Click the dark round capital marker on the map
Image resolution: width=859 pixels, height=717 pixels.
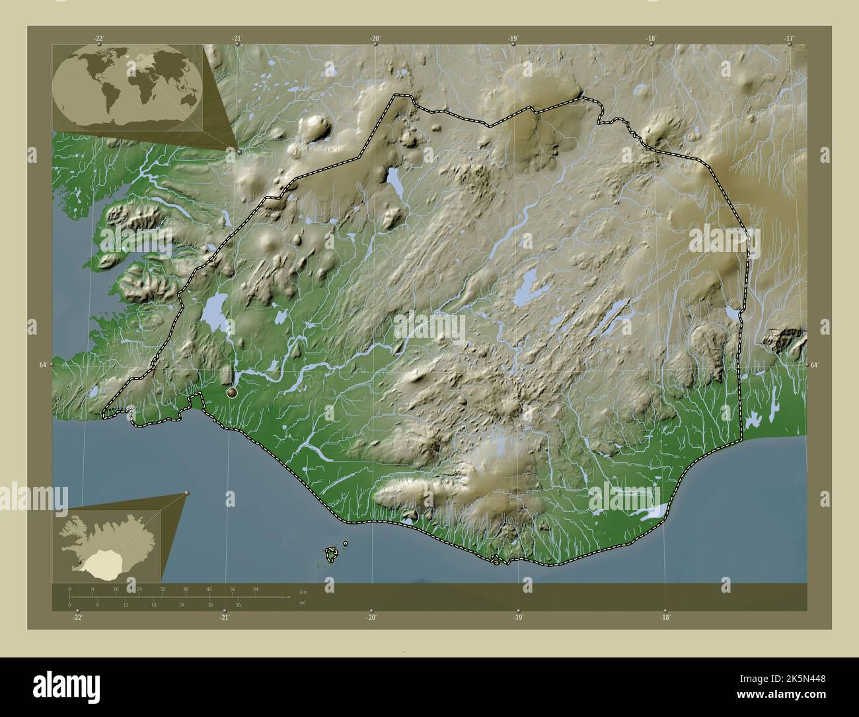click(232, 393)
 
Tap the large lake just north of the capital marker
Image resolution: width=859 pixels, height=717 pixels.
click(215, 313)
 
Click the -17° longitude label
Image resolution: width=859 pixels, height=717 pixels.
click(788, 38)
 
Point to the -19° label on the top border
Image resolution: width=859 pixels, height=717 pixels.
click(513, 38)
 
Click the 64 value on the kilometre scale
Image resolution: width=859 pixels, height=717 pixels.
click(255, 589)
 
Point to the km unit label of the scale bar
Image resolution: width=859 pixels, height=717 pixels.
click(303, 592)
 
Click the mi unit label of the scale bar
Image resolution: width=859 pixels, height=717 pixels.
click(302, 603)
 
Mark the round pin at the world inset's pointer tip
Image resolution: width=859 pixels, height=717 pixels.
click(239, 151)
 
